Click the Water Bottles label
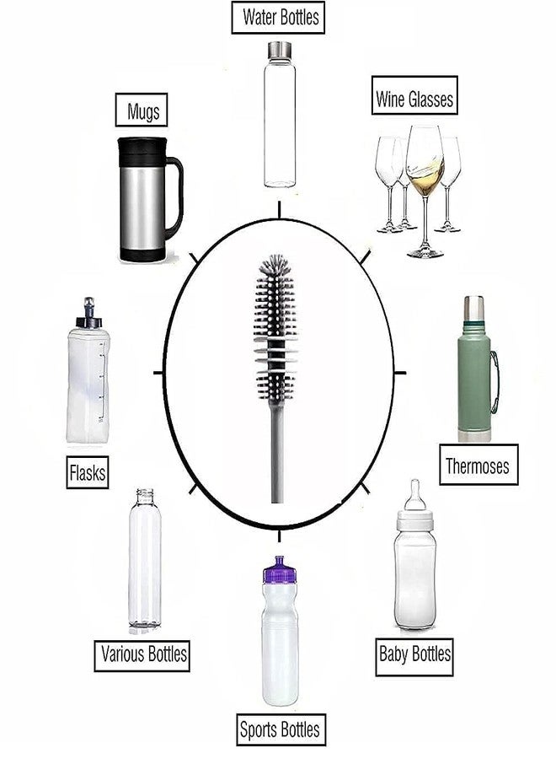[x=281, y=16]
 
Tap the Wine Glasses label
[x=414, y=100]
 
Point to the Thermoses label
[x=477, y=466]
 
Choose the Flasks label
[x=88, y=473]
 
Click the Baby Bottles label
[x=414, y=654]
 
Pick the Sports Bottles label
[x=280, y=729]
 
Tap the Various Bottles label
[x=144, y=654]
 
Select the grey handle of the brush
[x=278, y=455]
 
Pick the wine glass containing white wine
[x=424, y=181]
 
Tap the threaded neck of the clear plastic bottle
[x=145, y=494]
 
